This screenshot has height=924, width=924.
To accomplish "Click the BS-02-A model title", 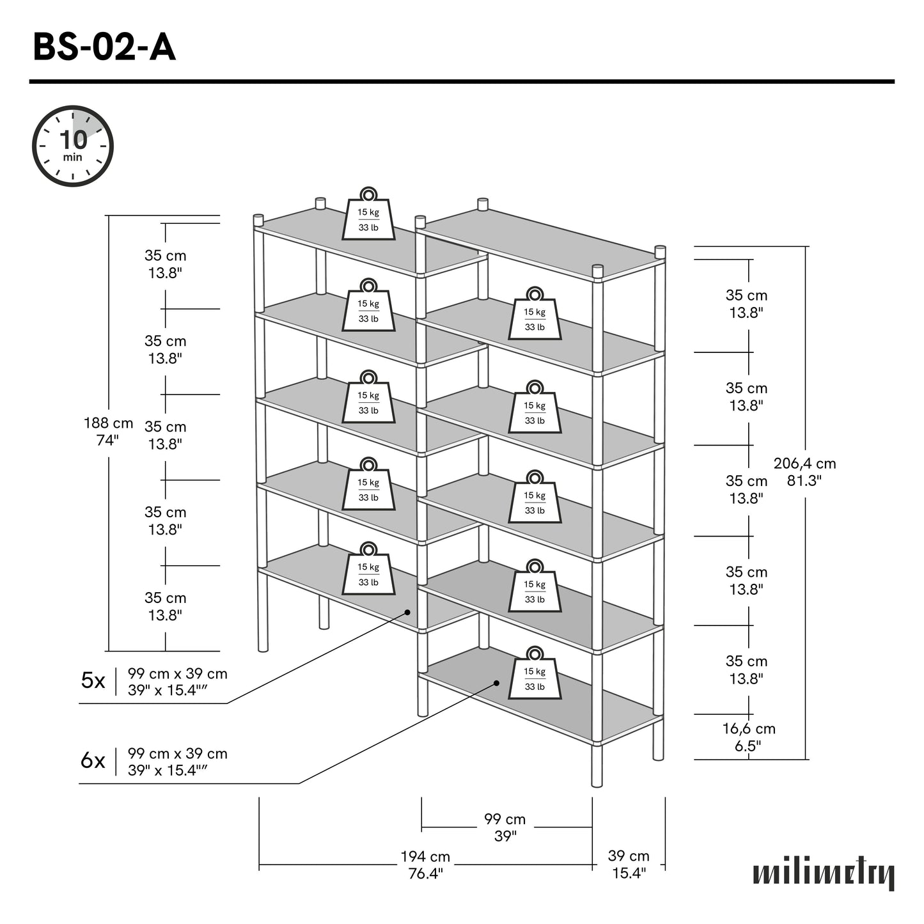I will click(x=104, y=47).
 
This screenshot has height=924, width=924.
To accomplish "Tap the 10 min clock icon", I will click(x=73, y=146).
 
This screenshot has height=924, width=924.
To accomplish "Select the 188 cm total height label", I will click(x=108, y=432).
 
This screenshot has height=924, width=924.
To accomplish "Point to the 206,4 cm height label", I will click(x=804, y=472).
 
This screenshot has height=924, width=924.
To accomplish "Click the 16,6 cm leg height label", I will click(x=748, y=737).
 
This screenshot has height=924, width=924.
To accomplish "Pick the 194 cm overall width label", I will click(x=425, y=865).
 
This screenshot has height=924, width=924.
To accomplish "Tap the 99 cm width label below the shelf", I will click(x=505, y=827).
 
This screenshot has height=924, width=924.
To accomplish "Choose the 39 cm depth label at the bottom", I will click(x=629, y=865).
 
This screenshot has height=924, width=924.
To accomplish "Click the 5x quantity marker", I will click(x=93, y=681).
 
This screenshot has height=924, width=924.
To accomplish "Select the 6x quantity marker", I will click(x=93, y=761).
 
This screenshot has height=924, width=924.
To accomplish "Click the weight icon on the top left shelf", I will click(x=368, y=215).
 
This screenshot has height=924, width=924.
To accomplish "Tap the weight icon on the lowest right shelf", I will click(x=535, y=674).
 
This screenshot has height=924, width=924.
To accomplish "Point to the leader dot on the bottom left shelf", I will click(x=407, y=612).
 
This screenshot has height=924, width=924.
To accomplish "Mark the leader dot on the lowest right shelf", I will click(x=497, y=683).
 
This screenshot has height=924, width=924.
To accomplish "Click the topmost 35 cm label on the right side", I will click(x=746, y=304).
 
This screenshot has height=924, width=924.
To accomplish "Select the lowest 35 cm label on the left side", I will click(x=165, y=606).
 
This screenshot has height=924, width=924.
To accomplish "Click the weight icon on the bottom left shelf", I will click(x=368, y=570).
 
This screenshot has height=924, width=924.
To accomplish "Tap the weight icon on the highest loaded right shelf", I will click(x=535, y=315).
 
